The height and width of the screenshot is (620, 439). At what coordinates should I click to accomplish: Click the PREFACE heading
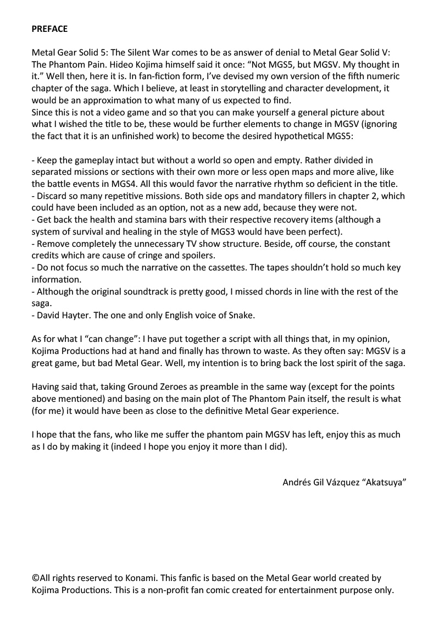point(49,29)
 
